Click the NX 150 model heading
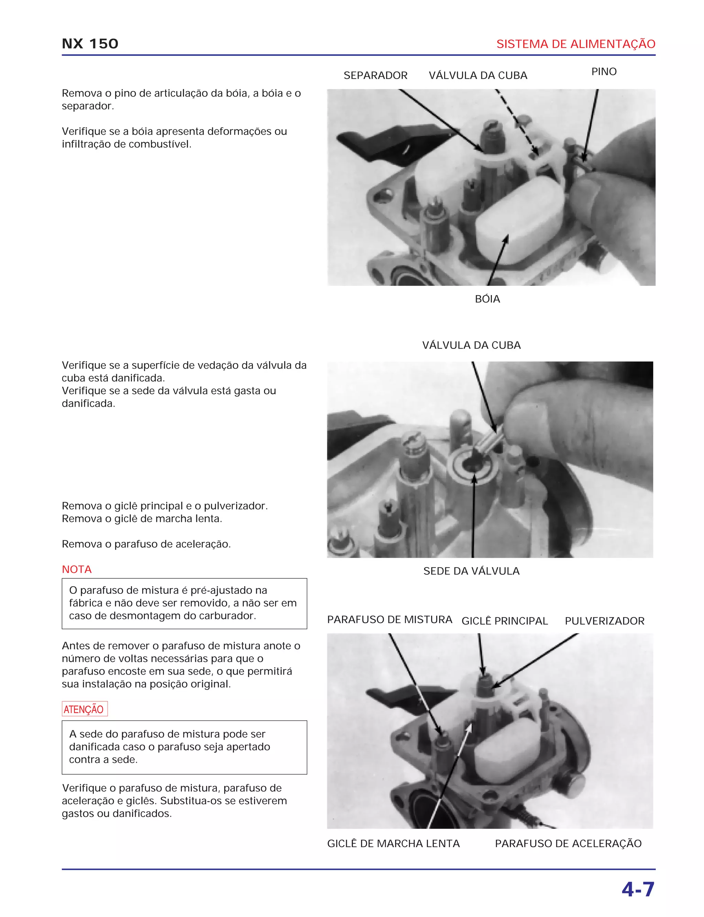(90, 44)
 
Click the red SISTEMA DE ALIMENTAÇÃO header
(575, 44)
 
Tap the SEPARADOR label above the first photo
(375, 75)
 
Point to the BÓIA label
(487, 299)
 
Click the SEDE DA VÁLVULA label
(471, 571)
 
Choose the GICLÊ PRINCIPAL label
(504, 621)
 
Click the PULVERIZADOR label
(604, 621)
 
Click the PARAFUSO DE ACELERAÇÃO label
(568, 843)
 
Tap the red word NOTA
(77, 569)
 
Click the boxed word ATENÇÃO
(84, 709)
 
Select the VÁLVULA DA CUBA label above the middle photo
(471, 345)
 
